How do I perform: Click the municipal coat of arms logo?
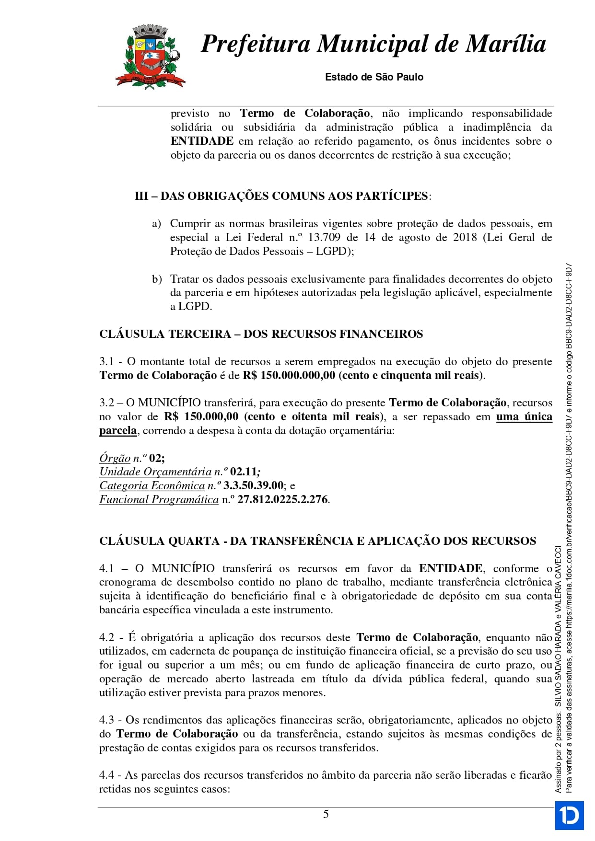point(150,58)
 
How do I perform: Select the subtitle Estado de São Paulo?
point(374,77)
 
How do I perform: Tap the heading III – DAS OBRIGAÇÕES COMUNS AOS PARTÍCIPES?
point(283,196)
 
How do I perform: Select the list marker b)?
point(157,279)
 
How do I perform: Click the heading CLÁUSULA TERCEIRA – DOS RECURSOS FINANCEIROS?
point(261,334)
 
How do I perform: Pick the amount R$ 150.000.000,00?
point(289,375)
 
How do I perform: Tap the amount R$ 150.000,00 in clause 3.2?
point(201,417)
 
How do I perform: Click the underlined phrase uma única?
point(524,417)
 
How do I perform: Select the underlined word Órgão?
point(115,458)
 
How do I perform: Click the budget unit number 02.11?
point(244,472)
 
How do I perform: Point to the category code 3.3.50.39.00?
point(253,486)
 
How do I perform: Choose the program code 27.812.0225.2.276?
point(282,500)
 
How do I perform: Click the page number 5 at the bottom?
point(326,814)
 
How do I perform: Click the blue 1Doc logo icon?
point(570,815)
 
